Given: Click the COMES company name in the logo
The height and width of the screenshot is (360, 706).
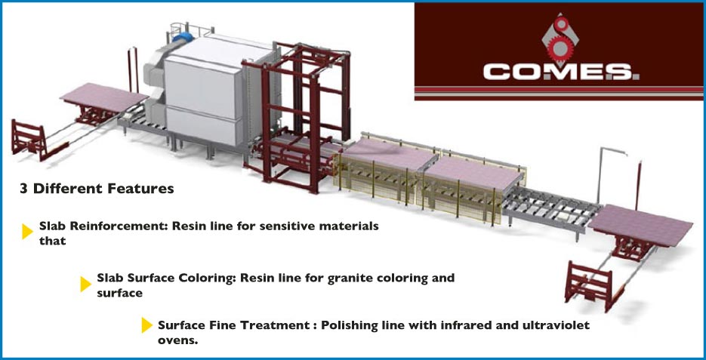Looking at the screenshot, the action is (x=561, y=72).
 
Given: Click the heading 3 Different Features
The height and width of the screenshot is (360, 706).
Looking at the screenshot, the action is (x=97, y=189).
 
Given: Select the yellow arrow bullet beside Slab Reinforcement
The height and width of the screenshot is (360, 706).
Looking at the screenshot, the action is (x=27, y=231).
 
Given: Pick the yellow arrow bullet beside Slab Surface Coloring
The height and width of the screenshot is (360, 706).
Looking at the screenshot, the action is (x=85, y=284).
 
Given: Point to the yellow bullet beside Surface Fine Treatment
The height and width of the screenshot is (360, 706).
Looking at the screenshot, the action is (x=146, y=325).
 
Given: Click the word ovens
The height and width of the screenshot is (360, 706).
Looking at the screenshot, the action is (x=178, y=340).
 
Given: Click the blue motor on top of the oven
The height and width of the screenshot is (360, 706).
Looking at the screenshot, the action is (x=182, y=37).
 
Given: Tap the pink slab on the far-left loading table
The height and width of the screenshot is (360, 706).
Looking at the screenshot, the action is (x=104, y=97).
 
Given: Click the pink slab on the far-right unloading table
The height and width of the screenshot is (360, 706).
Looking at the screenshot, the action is (x=641, y=225).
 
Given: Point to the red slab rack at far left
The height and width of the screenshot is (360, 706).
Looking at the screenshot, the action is (x=29, y=139).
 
